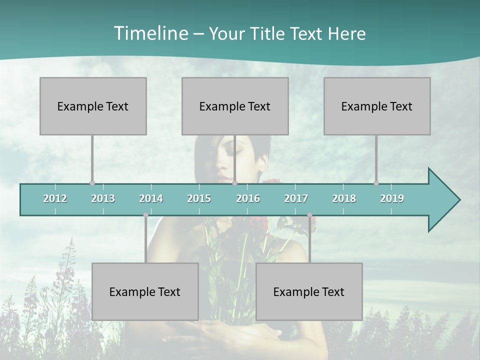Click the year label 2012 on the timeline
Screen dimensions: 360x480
point(55,198)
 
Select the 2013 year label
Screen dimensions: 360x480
point(103,198)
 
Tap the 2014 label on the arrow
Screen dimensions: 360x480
point(151,198)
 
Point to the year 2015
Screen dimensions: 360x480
point(199,198)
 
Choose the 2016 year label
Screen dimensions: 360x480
point(248,198)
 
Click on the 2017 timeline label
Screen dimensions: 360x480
point(296,198)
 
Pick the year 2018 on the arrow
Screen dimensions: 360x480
point(344,198)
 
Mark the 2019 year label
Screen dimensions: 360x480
point(392,198)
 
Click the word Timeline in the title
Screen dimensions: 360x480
point(150,33)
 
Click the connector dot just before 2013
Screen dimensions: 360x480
point(92,183)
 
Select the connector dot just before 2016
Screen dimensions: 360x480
point(234,183)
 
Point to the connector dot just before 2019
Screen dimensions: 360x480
point(376,183)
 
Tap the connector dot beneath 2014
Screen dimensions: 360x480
point(145,215)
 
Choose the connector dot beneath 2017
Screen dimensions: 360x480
point(309,215)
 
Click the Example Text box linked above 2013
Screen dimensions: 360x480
point(93,106)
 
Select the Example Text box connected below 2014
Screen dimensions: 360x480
point(145,291)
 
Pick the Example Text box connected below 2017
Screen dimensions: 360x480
point(309,291)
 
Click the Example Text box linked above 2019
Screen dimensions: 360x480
point(377,106)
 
